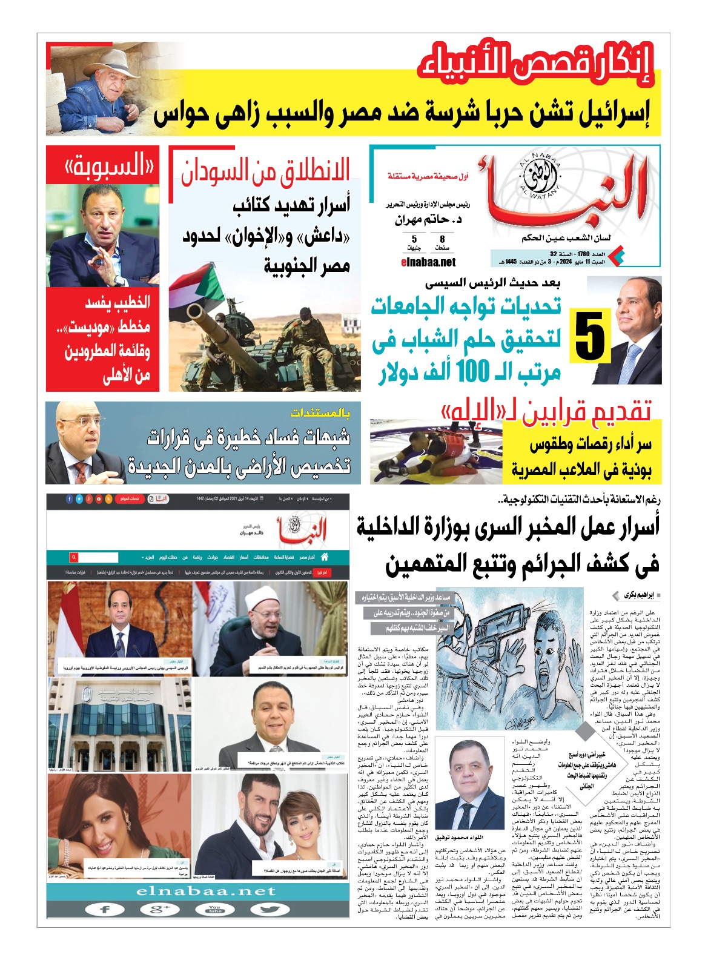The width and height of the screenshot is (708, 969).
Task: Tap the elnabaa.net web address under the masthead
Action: [428, 262]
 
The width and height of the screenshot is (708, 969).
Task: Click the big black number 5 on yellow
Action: [589, 335]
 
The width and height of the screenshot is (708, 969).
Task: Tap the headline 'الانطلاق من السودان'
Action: [266, 171]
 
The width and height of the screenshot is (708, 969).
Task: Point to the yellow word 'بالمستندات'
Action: [320, 413]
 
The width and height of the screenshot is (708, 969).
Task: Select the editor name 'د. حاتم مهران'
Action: [428, 219]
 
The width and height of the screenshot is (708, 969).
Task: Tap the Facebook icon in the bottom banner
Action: [105, 909]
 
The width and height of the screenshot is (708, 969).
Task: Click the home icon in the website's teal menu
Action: [325, 557]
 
